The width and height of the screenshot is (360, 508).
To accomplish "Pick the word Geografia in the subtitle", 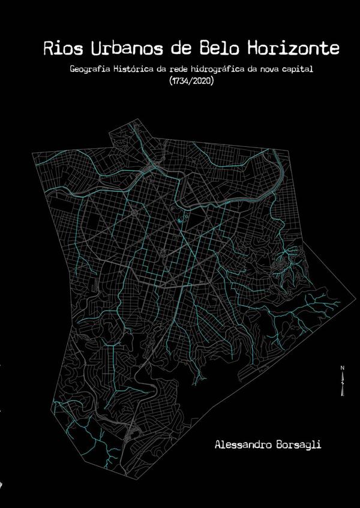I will click(x=88, y=70).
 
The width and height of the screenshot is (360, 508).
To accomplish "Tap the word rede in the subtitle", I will click(x=179, y=70).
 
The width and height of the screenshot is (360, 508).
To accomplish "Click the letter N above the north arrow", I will click(x=342, y=367).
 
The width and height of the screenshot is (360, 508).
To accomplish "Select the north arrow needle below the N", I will click(x=342, y=378).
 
